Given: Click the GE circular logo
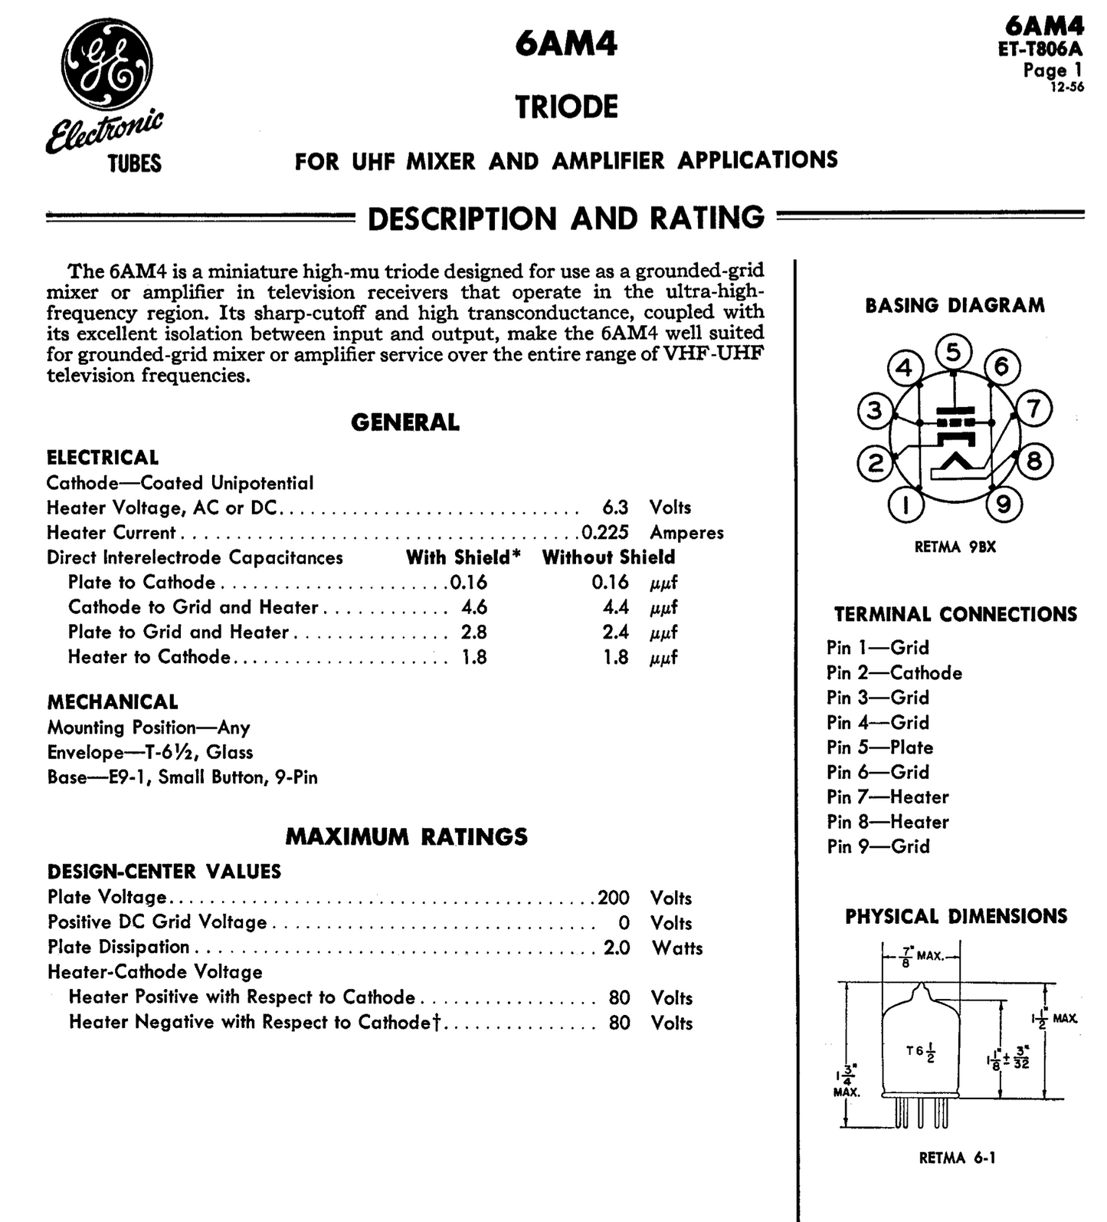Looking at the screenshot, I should (106, 63).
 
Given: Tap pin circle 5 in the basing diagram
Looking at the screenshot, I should (953, 353).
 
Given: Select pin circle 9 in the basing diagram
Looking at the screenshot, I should (1004, 504).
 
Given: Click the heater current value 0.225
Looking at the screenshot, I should (605, 532).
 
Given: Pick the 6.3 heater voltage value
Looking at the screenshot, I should (615, 508).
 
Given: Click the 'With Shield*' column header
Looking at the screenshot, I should (463, 557).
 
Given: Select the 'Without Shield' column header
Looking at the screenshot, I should (608, 557).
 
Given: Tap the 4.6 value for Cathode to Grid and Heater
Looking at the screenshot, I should (474, 607).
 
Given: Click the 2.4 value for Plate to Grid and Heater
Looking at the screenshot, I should (615, 632).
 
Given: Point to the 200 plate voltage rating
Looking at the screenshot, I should (614, 898).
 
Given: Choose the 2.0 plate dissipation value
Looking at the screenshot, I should (617, 948).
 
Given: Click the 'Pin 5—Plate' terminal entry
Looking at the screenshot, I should (879, 747).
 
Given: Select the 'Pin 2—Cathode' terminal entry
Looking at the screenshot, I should (894, 673).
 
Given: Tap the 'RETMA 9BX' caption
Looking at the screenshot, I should (955, 547).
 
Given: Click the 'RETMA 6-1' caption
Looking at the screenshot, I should (957, 1158).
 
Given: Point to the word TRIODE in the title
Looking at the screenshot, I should (566, 107).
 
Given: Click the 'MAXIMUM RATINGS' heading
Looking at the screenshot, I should (406, 836).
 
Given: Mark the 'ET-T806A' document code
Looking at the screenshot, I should (1040, 49).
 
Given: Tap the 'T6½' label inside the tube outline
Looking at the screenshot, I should (920, 1053).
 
